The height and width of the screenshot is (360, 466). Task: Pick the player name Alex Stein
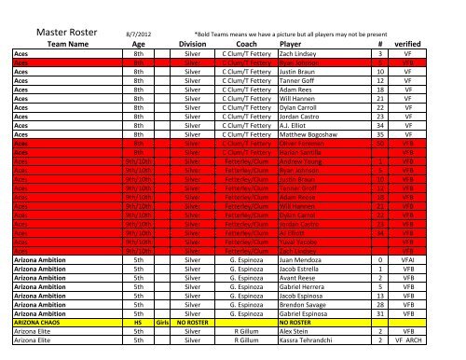(299, 359)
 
